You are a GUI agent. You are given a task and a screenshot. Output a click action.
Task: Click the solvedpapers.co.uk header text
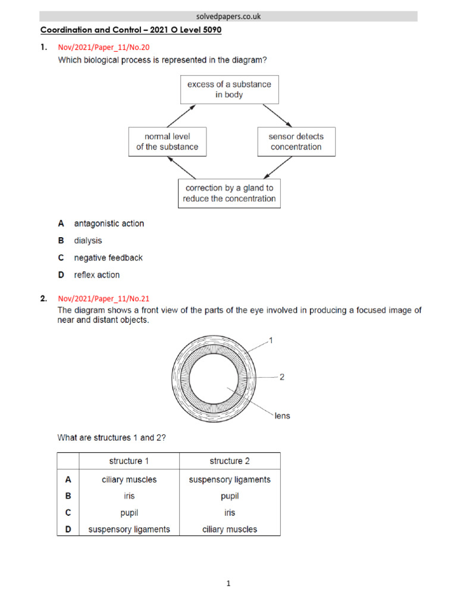[228, 17]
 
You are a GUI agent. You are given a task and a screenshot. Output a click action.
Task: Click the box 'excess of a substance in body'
[229, 89]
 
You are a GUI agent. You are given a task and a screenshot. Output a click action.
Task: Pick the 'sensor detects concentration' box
[296, 142]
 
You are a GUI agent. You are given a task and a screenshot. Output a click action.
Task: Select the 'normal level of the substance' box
[167, 142]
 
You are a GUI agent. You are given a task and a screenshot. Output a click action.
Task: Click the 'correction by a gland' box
[229, 194]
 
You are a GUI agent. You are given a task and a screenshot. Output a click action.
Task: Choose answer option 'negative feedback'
[108, 258]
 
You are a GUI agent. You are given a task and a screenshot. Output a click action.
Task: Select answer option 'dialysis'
[88, 241]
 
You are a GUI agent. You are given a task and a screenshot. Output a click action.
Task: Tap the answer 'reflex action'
[96, 275]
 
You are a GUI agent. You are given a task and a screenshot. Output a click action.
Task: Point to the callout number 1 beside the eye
[271, 340]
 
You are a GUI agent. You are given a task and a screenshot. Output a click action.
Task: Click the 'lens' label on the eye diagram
[283, 415]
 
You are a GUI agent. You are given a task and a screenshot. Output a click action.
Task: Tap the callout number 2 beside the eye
[282, 377]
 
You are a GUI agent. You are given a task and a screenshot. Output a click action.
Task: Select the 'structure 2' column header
[230, 461]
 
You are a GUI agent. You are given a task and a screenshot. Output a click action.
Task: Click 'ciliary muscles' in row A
[130, 480]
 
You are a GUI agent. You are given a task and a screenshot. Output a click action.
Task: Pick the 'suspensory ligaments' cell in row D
[130, 529]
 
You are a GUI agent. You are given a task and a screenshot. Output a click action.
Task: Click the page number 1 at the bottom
[228, 584]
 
